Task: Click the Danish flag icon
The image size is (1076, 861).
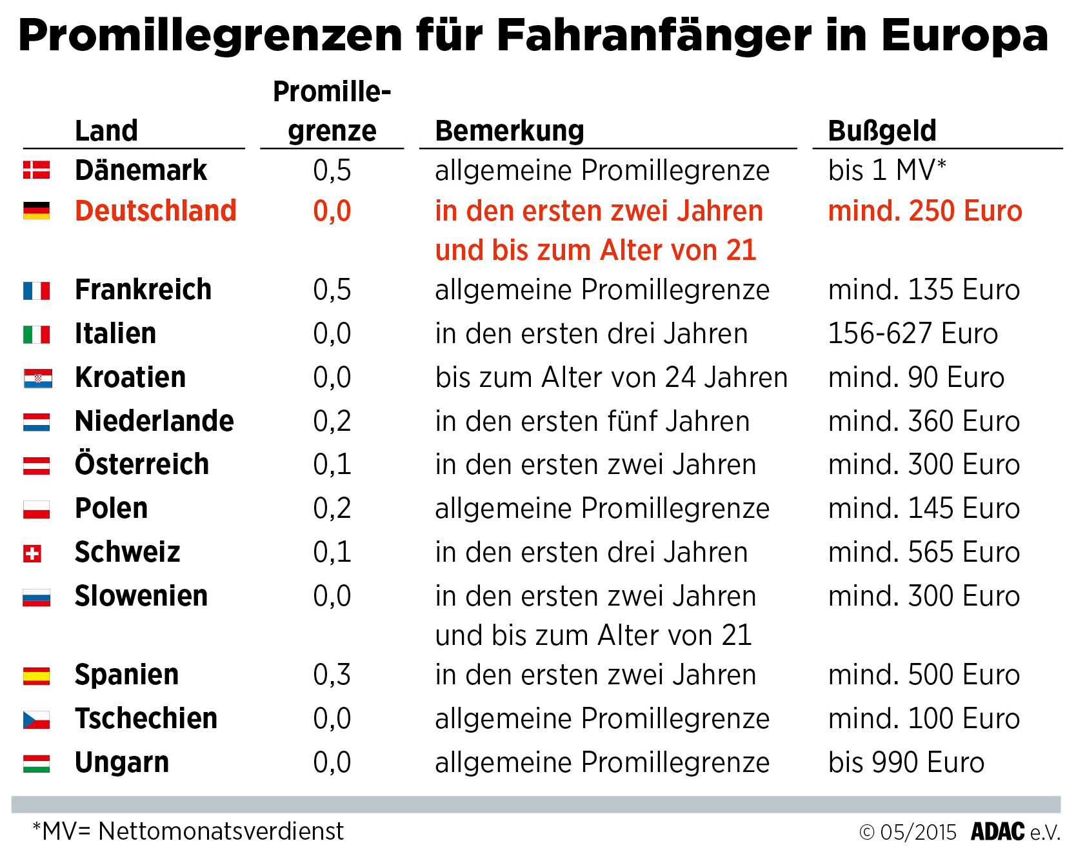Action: (x=36, y=170)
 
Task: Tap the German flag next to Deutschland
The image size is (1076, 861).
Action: (x=36, y=211)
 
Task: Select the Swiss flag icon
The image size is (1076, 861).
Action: (x=32, y=553)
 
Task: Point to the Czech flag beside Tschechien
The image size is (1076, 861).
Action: (x=36, y=720)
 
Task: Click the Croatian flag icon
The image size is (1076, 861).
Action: (x=37, y=379)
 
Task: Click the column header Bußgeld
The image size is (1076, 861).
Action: (x=882, y=131)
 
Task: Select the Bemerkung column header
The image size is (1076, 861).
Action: (x=510, y=131)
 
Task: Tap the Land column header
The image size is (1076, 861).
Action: (x=106, y=131)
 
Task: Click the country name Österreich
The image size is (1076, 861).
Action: (x=142, y=464)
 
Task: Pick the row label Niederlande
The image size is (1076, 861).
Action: (x=154, y=421)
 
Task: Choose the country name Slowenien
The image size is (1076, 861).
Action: (x=141, y=596)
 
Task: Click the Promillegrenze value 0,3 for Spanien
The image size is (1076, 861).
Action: (x=332, y=675)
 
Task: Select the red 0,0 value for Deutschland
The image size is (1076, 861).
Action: (x=332, y=212)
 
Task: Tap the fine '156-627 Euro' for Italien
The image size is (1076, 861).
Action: (x=913, y=334)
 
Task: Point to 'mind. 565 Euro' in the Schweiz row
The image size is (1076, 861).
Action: (x=924, y=553)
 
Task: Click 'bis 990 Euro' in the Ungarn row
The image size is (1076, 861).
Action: (x=906, y=763)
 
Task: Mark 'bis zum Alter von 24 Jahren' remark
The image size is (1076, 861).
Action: (x=611, y=378)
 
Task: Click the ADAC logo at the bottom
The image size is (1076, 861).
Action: (x=997, y=832)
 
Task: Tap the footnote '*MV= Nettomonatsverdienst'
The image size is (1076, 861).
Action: (x=188, y=832)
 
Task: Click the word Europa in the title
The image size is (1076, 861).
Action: (x=964, y=35)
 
